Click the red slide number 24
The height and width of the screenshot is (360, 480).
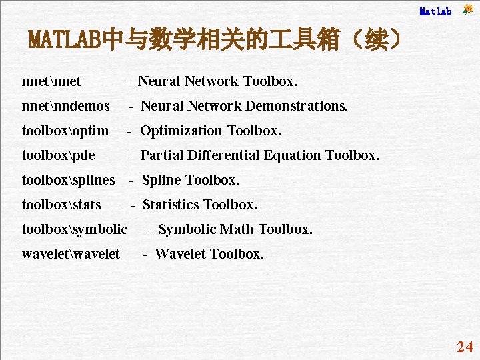click(465, 347)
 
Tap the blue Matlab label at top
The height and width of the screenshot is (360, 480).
click(435, 11)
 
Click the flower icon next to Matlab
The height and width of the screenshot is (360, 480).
click(468, 9)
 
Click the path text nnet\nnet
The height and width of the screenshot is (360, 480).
click(51, 81)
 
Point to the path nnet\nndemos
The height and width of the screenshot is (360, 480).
click(65, 106)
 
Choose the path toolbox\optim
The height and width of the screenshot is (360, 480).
click(65, 131)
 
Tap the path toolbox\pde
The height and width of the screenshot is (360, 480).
click(58, 155)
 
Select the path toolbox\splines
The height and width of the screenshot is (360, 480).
click(68, 180)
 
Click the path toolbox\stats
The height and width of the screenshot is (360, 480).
click(61, 205)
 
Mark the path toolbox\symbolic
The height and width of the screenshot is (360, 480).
click(74, 229)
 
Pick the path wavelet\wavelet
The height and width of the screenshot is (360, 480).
click(71, 254)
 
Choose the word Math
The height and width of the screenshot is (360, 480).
click(237, 229)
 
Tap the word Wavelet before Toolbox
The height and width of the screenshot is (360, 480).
click(181, 254)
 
